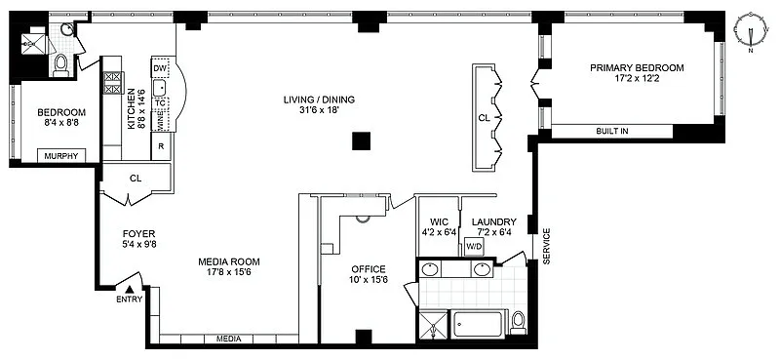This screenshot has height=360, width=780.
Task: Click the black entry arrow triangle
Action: point(130,289)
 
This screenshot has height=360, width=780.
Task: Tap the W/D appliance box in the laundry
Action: point(474,247)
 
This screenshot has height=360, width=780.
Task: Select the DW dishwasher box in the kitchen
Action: point(159,68)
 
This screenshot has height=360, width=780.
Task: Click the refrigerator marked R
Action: point(161,146)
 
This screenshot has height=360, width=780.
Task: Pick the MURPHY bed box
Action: point(61,156)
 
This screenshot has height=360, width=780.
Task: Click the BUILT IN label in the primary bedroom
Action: point(612,132)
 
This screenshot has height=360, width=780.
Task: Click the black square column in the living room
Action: point(361,140)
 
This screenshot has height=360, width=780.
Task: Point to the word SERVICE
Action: point(546,246)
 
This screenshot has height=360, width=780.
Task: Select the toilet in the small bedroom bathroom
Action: point(60,65)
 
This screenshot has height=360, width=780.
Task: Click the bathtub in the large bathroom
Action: point(478,325)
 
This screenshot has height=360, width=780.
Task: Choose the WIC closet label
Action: point(439,222)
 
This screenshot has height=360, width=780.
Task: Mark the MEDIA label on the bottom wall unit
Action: point(229,340)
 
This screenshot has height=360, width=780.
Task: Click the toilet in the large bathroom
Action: point(519,323)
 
